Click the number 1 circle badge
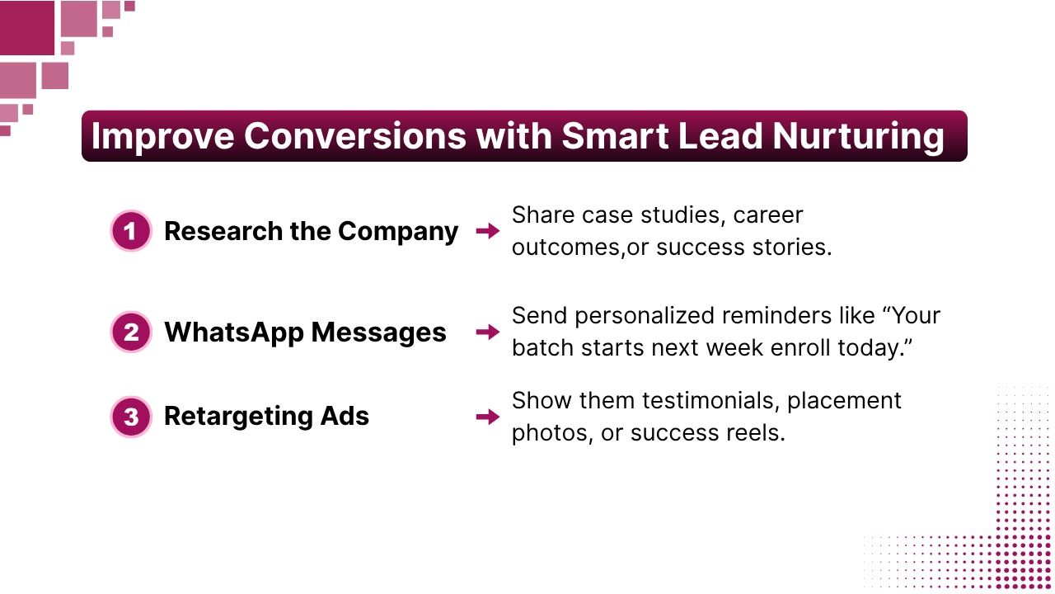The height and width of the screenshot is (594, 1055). click(131, 231)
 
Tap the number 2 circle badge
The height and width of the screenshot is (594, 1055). click(131, 332)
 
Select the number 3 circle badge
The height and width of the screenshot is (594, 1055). click(131, 417)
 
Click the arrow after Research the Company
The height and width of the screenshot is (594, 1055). click(488, 231)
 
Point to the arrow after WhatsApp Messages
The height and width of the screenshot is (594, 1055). click(488, 332)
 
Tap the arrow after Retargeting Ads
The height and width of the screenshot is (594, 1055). click(488, 417)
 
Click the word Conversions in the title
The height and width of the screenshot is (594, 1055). click(354, 136)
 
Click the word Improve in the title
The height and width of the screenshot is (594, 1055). click(162, 136)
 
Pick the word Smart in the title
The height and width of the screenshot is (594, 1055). click(613, 136)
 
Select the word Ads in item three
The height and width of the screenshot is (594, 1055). click(349, 417)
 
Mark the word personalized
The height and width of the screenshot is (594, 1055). click(649, 316)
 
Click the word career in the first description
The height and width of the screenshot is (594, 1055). click(768, 215)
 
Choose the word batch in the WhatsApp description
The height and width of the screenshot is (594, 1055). click(540, 348)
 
